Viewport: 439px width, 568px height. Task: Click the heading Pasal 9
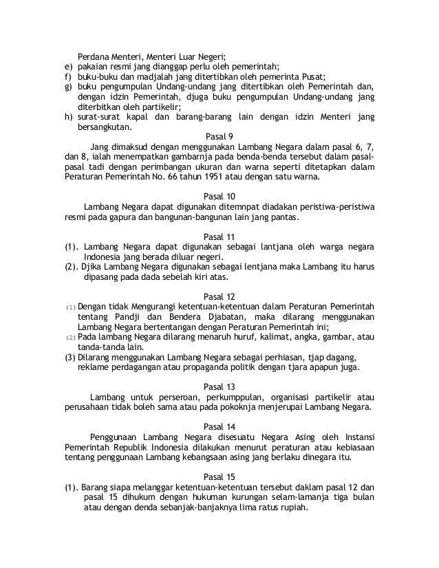click(219, 136)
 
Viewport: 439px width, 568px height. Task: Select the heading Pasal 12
click(219, 296)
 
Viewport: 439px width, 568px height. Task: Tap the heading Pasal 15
click(219, 477)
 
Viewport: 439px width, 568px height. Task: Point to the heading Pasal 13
click(219, 386)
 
